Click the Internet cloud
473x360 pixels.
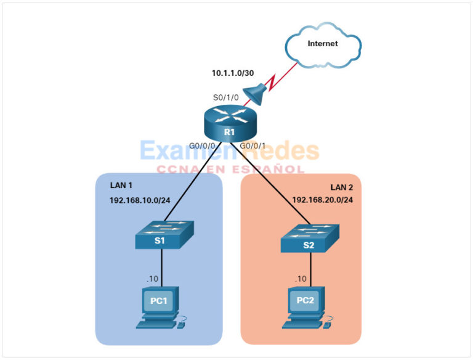(323, 44)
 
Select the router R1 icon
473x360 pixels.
(230, 123)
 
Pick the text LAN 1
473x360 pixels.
(121, 185)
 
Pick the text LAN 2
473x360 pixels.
(340, 187)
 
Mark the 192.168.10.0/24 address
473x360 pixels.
(140, 200)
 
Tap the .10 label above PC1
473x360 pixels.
(152, 279)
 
